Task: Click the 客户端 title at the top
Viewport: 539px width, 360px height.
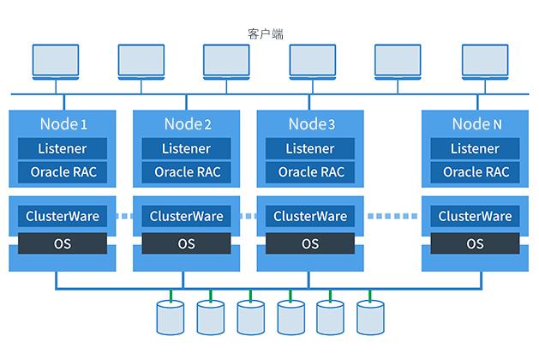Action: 265,33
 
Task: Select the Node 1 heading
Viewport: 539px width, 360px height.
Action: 63,124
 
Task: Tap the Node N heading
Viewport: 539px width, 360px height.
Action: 476,124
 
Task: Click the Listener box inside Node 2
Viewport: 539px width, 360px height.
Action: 187,148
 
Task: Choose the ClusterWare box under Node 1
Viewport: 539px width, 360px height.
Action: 63,216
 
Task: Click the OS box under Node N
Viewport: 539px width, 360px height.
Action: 475,243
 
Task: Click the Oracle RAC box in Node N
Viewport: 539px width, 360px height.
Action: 476,172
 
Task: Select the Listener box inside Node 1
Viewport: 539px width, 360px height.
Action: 63,148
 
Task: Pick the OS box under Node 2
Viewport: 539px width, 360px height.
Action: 187,243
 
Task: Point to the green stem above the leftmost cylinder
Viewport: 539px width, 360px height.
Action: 171,296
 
